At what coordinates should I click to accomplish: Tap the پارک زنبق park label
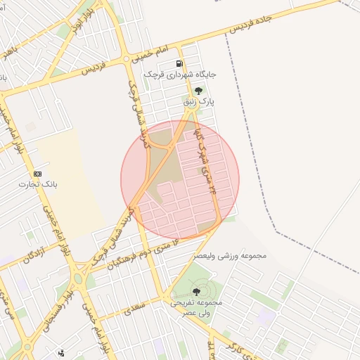[198, 102]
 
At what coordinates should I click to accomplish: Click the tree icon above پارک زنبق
[198, 90]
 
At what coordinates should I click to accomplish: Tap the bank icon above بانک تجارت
[37, 174]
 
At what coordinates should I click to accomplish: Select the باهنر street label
[7, 53]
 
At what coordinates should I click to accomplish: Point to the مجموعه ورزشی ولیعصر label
[231, 255]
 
